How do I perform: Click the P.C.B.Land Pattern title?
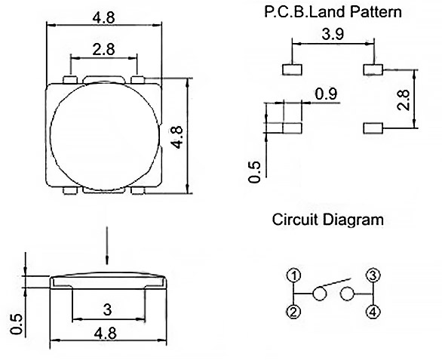(x=333, y=12)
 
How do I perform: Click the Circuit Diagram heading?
(x=327, y=220)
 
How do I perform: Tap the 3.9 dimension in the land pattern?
(x=333, y=34)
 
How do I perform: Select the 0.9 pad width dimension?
(x=326, y=94)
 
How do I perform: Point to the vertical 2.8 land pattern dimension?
(x=403, y=100)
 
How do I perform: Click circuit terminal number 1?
(x=293, y=275)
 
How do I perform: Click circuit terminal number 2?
(x=293, y=312)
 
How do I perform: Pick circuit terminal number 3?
(x=373, y=275)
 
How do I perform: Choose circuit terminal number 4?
(x=373, y=312)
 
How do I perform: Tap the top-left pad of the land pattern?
(x=292, y=69)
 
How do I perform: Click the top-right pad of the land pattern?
(x=373, y=69)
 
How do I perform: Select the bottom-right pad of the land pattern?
(x=373, y=128)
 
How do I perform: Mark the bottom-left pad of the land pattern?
(x=292, y=128)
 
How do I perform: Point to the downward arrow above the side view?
(x=107, y=245)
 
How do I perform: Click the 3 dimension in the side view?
(x=107, y=309)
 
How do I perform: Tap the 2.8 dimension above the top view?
(x=103, y=50)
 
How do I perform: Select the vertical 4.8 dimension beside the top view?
(x=178, y=137)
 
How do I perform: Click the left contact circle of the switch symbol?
(x=319, y=294)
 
